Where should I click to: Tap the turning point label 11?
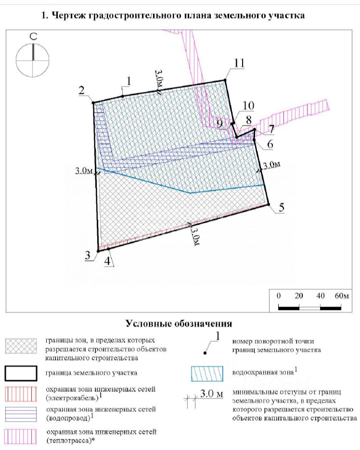tap(239, 63)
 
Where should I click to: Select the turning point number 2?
tap(82, 90)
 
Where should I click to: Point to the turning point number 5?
tap(282, 208)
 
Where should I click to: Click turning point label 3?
tap(88, 256)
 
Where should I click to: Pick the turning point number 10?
tap(248, 106)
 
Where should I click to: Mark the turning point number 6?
tap(270, 143)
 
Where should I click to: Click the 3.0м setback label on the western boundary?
tap(84, 170)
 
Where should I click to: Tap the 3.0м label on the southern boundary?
tap(195, 233)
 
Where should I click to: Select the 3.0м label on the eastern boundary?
tap(271, 165)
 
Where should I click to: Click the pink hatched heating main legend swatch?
tap(21, 436)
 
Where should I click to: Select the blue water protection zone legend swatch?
tap(207, 373)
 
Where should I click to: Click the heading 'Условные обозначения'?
tap(179, 323)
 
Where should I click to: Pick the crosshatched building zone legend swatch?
tap(21, 346)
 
